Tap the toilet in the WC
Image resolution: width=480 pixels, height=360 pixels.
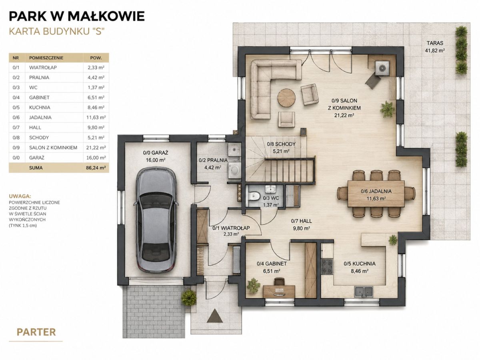[x=254, y=195]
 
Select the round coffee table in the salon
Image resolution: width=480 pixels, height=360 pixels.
[x=286, y=98]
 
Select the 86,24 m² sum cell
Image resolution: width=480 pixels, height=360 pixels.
[x=96, y=168]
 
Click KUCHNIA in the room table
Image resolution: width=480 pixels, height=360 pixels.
[x=40, y=108]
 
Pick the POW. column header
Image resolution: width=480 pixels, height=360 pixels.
[x=96, y=58]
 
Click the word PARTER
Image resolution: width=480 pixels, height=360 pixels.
[x=36, y=332]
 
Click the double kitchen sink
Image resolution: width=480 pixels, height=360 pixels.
[x=364, y=291]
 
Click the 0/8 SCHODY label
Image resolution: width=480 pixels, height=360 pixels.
[x=281, y=144]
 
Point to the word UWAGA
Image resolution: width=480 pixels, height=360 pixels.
[x=20, y=196]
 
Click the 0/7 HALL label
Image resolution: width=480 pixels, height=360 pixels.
[x=301, y=221]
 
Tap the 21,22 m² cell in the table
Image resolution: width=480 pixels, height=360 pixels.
[x=96, y=148]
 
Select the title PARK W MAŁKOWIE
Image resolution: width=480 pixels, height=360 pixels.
[x=77, y=16]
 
